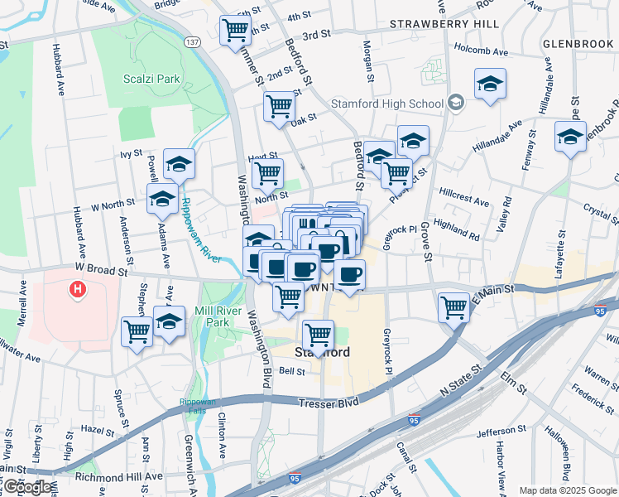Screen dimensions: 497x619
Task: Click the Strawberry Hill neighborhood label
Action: [x=444, y=24]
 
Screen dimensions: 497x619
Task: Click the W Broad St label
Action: [x=101, y=269]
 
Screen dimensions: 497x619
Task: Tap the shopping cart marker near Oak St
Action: [x=280, y=105]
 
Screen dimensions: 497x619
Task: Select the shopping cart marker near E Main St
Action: [x=454, y=306]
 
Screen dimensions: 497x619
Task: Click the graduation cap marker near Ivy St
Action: [x=179, y=162]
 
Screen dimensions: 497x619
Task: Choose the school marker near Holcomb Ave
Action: [x=490, y=84]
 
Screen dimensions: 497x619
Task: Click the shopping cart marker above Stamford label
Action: [x=318, y=333]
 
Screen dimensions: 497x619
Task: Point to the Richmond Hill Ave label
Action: [x=119, y=476]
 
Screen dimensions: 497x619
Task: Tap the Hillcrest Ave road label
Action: [x=463, y=200]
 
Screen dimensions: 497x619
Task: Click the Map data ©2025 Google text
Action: [x=567, y=490]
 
